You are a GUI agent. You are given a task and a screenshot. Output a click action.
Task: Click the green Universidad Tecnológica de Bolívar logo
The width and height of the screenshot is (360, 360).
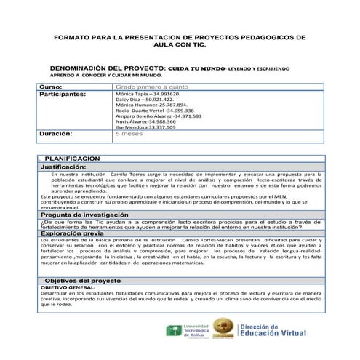174,330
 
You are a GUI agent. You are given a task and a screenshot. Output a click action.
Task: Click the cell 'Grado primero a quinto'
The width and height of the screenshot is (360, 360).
146,87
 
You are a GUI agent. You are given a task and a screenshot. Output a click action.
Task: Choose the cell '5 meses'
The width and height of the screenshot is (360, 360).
128,135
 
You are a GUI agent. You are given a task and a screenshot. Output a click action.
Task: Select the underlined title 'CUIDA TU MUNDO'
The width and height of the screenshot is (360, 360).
192,66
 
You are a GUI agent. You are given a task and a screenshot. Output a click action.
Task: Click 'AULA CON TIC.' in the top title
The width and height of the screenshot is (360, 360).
180,44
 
